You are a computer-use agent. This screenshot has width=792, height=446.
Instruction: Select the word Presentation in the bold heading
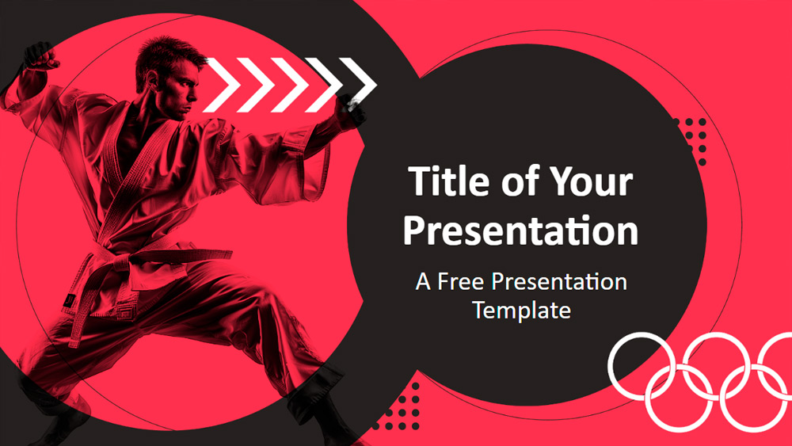coord(521,231)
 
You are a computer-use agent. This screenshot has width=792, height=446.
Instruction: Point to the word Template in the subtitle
coord(521,310)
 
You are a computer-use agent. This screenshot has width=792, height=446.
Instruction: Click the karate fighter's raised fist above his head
coord(40,56)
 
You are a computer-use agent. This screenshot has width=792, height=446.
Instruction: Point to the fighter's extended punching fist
coord(352,109)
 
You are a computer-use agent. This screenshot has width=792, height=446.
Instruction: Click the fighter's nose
coord(195,96)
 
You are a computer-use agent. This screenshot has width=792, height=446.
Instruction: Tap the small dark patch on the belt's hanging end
coord(69,301)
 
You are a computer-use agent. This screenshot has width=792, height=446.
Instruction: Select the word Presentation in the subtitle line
coord(559,281)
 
